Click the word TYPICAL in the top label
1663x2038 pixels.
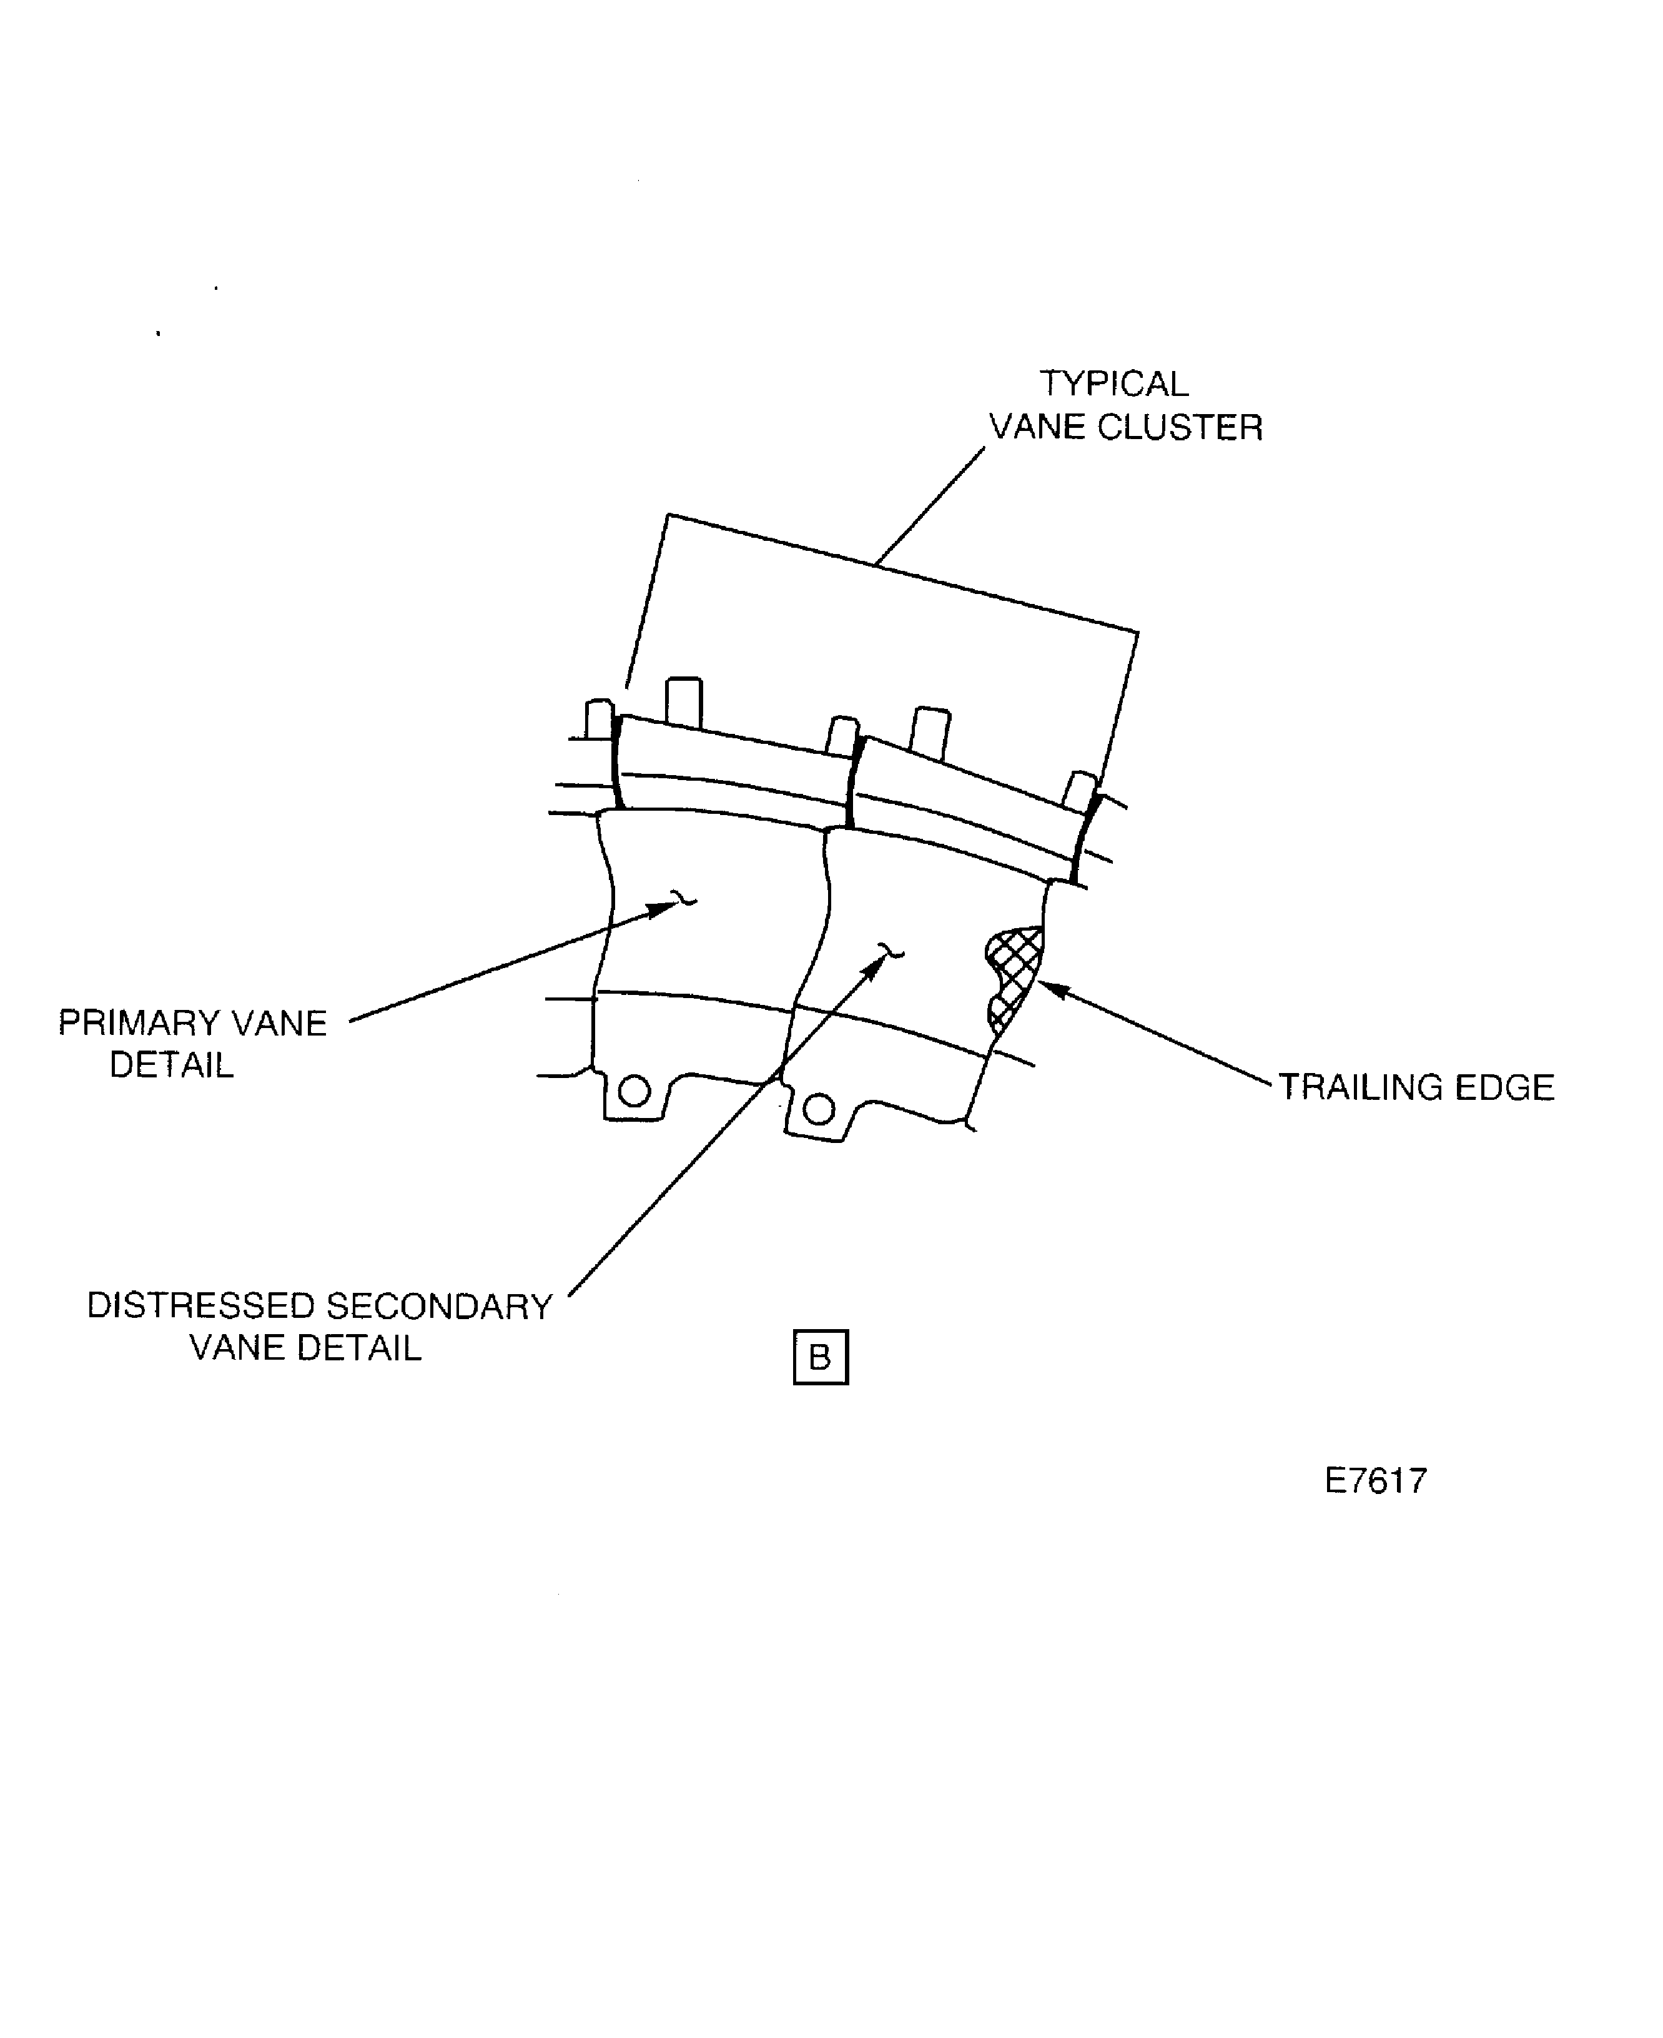(1114, 384)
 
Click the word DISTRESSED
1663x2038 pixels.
(201, 1307)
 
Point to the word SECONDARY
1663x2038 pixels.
(439, 1307)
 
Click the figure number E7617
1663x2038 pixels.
(1376, 1482)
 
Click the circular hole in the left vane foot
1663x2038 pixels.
(634, 1091)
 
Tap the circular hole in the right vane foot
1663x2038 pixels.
(818, 1109)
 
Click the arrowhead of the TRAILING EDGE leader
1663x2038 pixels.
(1052, 989)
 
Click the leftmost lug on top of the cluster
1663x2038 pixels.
(600, 720)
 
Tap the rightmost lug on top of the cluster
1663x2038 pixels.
(1080, 791)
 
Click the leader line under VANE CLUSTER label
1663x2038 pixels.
(930, 506)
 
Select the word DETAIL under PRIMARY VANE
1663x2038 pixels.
(172, 1066)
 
